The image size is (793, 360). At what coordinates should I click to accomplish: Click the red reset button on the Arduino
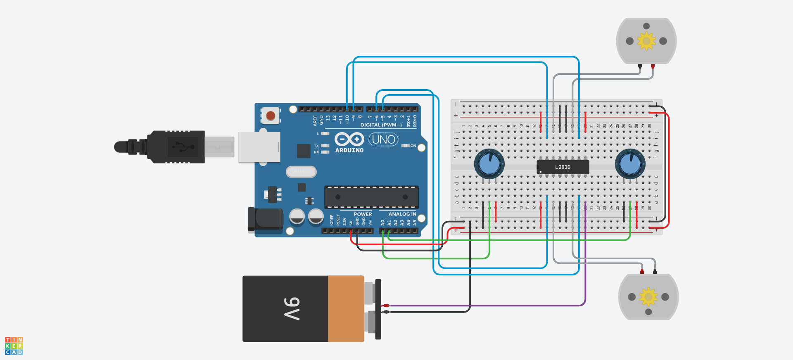tap(271, 116)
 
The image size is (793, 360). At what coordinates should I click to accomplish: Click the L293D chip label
tap(563, 167)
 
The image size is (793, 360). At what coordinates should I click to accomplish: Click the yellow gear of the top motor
tap(646, 41)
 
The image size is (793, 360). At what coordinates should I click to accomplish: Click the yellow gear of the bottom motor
tap(648, 297)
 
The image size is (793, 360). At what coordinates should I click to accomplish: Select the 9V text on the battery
tap(292, 309)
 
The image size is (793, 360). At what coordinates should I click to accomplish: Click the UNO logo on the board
tap(383, 140)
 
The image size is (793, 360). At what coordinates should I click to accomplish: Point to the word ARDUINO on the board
tap(349, 150)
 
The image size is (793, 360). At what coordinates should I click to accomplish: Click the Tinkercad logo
tap(14, 346)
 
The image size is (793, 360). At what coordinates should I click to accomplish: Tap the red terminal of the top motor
tap(653, 66)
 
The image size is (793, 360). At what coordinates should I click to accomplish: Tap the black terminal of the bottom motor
tap(655, 272)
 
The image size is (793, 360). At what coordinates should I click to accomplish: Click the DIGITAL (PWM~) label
tap(381, 125)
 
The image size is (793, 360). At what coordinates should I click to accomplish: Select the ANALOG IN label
tap(402, 214)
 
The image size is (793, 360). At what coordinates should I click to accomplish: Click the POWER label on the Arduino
tap(363, 214)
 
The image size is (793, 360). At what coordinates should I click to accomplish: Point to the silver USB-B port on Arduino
tap(259, 147)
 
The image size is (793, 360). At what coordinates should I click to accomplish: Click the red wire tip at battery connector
tap(386, 306)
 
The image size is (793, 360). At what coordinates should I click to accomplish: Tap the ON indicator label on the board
tap(413, 146)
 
